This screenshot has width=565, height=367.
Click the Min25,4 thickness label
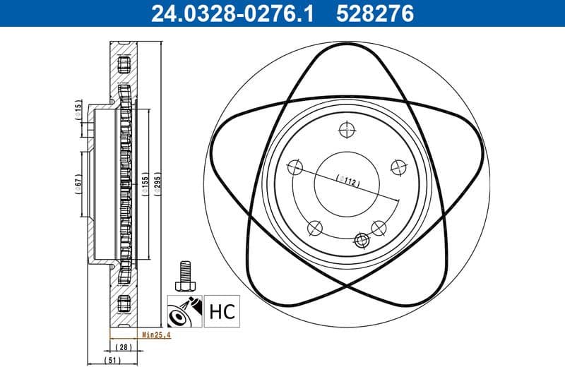coord(155,335)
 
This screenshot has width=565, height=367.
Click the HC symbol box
coord(221,311)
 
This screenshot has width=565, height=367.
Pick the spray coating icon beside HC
coord(185,311)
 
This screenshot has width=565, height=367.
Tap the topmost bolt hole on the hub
coord(346,129)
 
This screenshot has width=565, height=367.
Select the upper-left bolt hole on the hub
coord(296,168)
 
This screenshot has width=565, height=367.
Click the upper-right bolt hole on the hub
coord(398,167)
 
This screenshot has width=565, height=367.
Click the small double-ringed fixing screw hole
coord(363,241)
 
